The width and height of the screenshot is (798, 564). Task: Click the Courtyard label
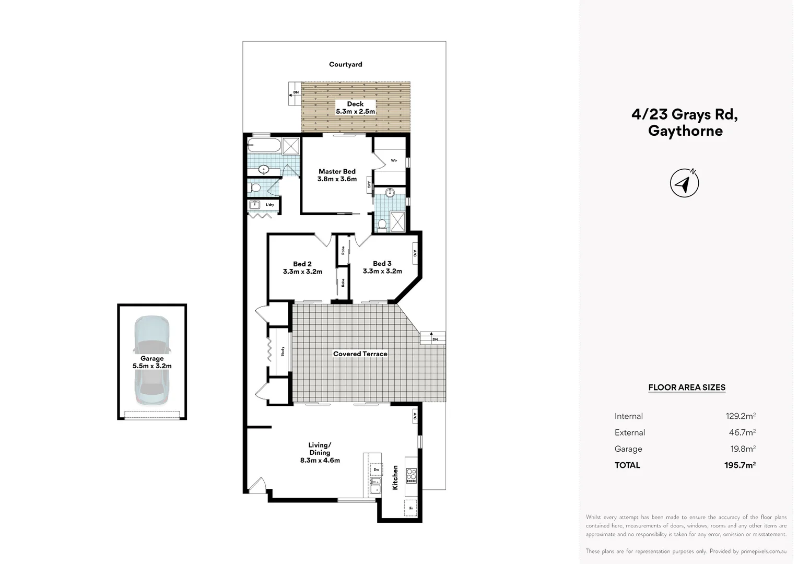click(x=345, y=64)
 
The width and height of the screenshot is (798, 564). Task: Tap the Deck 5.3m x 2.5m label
click(x=355, y=108)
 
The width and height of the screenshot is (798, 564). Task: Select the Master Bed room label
click(x=337, y=175)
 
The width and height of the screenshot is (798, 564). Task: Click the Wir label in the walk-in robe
click(x=394, y=160)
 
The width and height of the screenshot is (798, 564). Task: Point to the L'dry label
click(x=269, y=205)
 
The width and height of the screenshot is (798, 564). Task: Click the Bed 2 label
click(x=302, y=267)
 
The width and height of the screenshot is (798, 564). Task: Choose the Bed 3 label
click(x=382, y=267)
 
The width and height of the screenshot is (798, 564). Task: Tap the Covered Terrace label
click(x=360, y=354)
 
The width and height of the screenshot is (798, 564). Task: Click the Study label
click(x=283, y=351)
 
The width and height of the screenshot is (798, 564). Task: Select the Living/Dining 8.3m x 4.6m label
click(x=320, y=453)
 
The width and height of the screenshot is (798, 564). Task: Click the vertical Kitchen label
click(x=395, y=477)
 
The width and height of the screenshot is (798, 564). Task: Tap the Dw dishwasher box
click(x=375, y=469)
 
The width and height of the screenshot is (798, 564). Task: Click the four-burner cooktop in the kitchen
click(x=411, y=475)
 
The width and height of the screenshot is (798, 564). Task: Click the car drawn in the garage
click(x=151, y=360)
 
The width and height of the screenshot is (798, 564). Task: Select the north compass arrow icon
click(x=684, y=183)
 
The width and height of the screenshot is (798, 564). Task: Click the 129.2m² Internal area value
click(x=740, y=416)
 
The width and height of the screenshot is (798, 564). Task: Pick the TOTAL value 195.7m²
click(x=740, y=465)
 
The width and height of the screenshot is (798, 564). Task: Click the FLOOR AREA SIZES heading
click(x=686, y=387)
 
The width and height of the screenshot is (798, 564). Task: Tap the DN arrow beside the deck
click(x=295, y=93)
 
